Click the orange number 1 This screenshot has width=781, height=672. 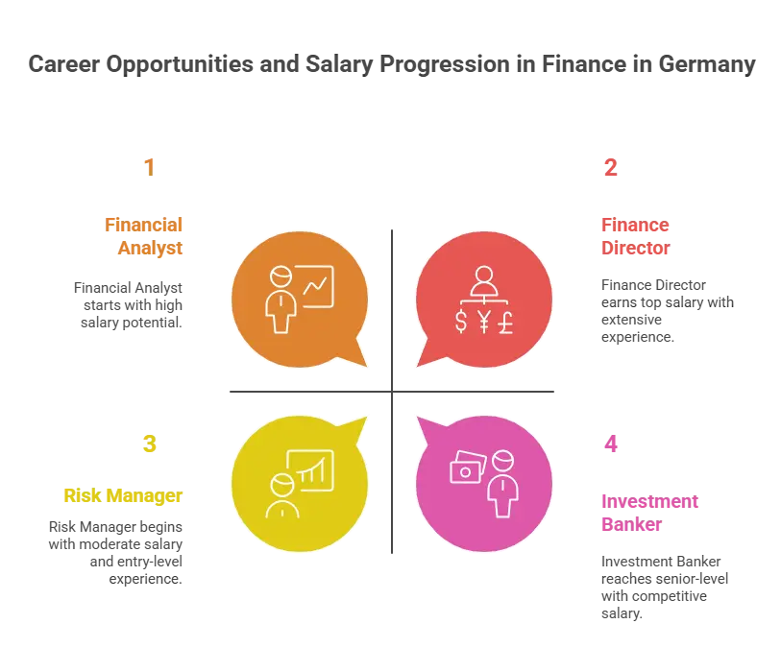147,166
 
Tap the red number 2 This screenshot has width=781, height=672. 610,166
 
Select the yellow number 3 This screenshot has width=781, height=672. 149,443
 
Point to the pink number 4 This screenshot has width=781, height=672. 610,443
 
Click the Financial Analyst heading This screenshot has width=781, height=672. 143,235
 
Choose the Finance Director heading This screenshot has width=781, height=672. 635,235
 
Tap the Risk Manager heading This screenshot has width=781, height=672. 122,496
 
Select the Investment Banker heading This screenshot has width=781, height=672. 636,514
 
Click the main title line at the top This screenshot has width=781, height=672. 390,65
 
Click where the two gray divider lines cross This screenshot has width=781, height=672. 391,392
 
